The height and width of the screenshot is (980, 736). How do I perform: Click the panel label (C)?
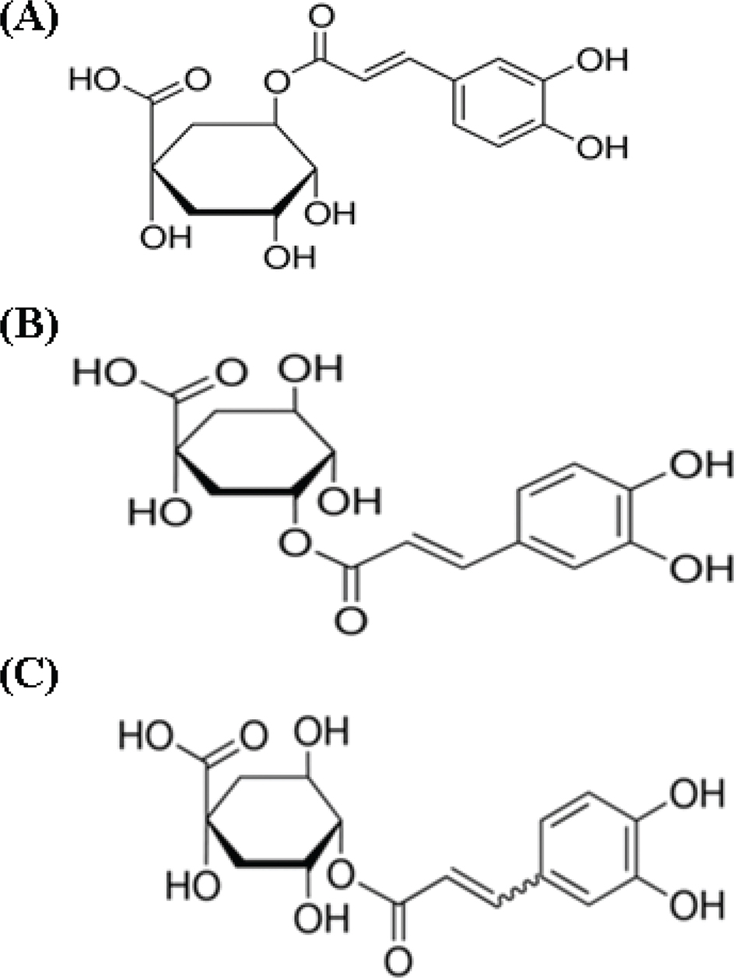(30, 675)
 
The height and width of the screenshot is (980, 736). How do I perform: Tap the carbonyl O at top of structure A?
(321, 17)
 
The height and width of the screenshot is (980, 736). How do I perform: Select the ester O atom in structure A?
(277, 83)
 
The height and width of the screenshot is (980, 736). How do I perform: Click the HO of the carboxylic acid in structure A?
(95, 79)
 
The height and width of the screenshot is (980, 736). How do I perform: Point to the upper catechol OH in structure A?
(602, 59)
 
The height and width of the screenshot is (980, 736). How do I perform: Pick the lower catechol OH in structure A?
(602, 146)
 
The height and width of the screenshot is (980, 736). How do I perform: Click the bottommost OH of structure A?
(290, 256)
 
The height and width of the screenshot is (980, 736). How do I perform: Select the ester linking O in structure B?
(294, 543)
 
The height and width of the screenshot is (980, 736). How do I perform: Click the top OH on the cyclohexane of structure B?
(310, 368)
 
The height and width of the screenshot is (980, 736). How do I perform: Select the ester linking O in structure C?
(341, 873)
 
